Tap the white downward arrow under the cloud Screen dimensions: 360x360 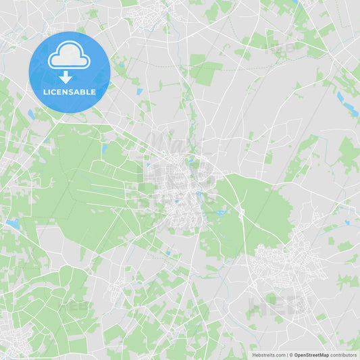[66, 76]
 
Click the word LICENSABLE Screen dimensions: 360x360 [70, 91]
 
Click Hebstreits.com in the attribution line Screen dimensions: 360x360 [268, 355]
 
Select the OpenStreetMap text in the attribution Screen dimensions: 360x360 [311, 355]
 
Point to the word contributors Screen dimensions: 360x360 [343, 355]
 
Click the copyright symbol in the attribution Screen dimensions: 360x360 [290, 355]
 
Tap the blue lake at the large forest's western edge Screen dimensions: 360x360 [13, 222]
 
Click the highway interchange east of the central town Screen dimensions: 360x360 [240, 213]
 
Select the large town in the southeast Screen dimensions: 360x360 [287, 260]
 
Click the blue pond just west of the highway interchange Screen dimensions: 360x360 [220, 213]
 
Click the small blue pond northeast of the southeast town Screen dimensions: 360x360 [346, 222]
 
